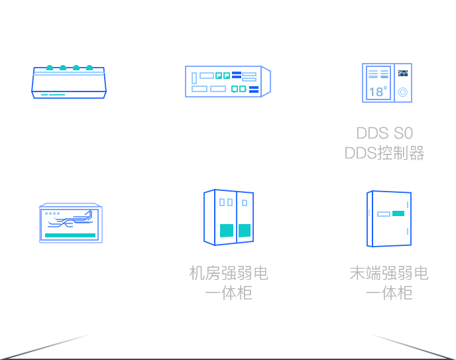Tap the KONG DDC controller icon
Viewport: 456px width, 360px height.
coord(69,82)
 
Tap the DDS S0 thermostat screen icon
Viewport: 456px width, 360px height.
coord(386,84)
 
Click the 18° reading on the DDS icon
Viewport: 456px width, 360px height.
coord(377,92)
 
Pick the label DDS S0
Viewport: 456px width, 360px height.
coord(384,134)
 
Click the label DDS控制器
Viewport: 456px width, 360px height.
coord(384,154)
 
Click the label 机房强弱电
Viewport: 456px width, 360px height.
coord(229,272)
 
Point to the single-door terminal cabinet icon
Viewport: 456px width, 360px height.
coord(388,217)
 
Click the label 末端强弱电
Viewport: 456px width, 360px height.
coord(389,272)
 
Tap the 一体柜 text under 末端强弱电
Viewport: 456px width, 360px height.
coord(389,293)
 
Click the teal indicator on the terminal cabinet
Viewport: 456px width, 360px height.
coord(398,214)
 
